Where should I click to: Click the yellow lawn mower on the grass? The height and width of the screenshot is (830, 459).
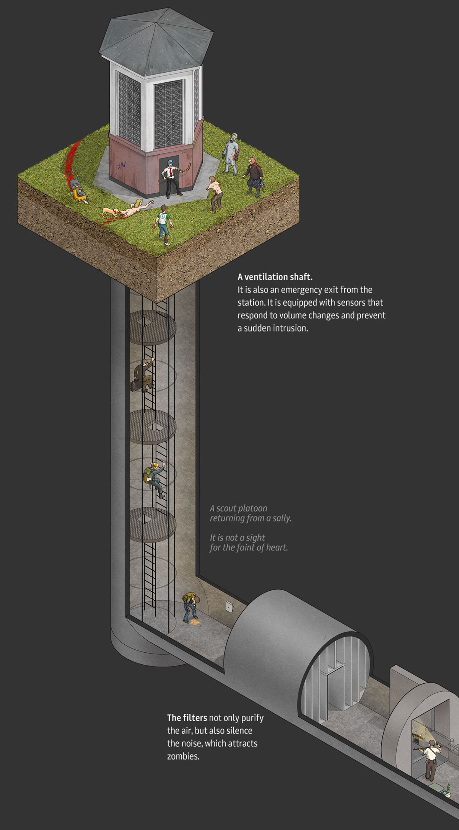[78, 188]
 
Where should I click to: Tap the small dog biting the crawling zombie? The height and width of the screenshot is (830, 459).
[110, 211]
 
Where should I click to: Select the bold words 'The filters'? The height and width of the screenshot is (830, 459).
[187, 717]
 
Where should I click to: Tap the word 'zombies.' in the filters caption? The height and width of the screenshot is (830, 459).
[183, 756]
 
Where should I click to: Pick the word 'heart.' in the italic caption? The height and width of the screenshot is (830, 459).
[277, 547]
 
